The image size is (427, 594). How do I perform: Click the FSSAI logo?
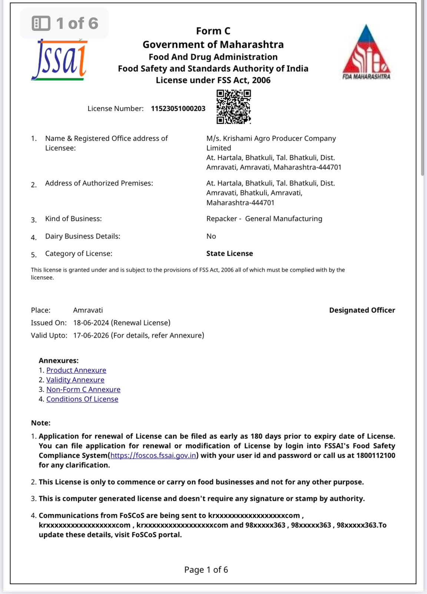[59, 60]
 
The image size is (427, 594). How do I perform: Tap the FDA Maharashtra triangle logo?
[366, 53]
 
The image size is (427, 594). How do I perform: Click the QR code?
[234, 107]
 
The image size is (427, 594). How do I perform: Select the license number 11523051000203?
[178, 108]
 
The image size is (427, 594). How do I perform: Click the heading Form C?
[213, 31]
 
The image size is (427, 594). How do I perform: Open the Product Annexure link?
[76, 370]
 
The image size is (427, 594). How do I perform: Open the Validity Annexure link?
[75, 380]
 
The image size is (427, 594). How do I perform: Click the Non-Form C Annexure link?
[83, 389]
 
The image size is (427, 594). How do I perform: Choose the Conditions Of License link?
[82, 399]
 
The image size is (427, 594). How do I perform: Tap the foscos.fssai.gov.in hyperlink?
[153, 456]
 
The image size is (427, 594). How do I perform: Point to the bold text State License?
[229, 254]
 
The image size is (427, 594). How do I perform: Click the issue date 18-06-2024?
[91, 323]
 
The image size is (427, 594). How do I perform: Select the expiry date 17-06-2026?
[91, 335]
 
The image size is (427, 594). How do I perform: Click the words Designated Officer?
[362, 310]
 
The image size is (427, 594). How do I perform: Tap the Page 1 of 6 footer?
[206, 569]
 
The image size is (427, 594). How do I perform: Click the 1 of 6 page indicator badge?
[65, 23]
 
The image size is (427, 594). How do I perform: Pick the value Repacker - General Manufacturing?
[264, 219]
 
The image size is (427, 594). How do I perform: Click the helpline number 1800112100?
[375, 456]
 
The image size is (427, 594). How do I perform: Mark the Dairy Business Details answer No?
[211, 236]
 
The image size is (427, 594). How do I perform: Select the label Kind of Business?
[73, 219]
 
